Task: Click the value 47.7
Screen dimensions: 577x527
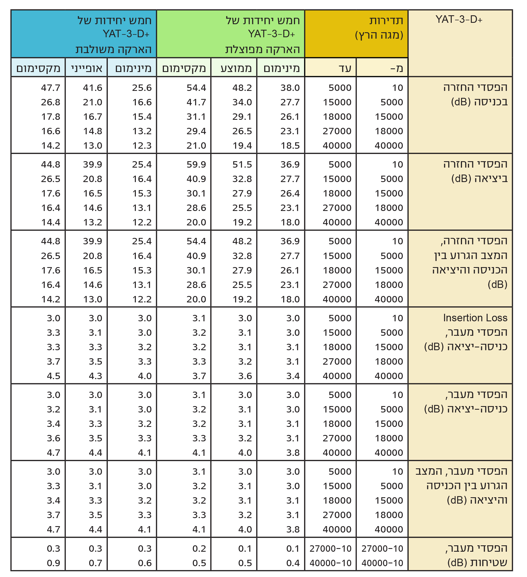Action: click(51, 88)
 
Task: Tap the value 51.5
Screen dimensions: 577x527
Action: click(242, 164)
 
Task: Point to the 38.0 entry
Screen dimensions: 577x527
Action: click(290, 88)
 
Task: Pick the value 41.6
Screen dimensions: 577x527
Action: click(93, 88)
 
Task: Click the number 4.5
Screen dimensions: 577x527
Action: click(54, 376)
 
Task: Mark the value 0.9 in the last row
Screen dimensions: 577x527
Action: click(54, 563)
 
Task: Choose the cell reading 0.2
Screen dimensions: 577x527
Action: click(199, 548)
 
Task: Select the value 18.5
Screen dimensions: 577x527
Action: click(290, 145)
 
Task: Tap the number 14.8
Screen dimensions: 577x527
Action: click(93, 131)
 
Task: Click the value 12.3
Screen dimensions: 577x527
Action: click(142, 145)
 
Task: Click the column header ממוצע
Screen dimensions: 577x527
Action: click(236, 68)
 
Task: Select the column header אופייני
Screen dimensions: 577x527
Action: click(87, 68)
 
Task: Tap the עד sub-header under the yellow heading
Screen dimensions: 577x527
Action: click(345, 68)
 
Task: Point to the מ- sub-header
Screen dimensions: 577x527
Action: click(397, 68)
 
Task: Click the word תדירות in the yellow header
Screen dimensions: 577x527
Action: click(386, 21)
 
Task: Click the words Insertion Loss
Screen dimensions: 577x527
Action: click(475, 318)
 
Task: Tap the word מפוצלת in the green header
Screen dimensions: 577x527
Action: click(243, 49)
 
